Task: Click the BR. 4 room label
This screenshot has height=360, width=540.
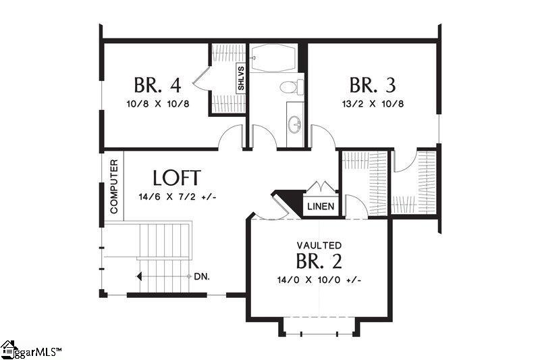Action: tap(157, 86)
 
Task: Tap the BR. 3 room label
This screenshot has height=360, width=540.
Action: tap(373, 86)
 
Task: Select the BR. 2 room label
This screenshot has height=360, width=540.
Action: tap(319, 261)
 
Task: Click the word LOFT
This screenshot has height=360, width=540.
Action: tap(176, 178)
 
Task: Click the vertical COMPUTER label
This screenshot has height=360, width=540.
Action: tap(113, 187)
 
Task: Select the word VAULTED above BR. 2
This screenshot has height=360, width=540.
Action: tap(319, 245)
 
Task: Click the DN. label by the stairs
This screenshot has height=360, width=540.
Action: tap(200, 277)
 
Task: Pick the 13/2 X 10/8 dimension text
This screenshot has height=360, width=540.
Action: tap(373, 104)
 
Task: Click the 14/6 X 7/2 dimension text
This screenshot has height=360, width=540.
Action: tap(177, 197)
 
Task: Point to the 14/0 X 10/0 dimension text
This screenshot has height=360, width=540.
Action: tap(319, 280)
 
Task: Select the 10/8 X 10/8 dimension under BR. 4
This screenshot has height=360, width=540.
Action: tap(157, 104)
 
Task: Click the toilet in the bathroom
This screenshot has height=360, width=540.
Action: tap(292, 87)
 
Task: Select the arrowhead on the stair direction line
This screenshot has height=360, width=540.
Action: tap(138, 277)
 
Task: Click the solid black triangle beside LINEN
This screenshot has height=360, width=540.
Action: tap(291, 201)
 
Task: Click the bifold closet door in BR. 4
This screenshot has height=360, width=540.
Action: tap(201, 82)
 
